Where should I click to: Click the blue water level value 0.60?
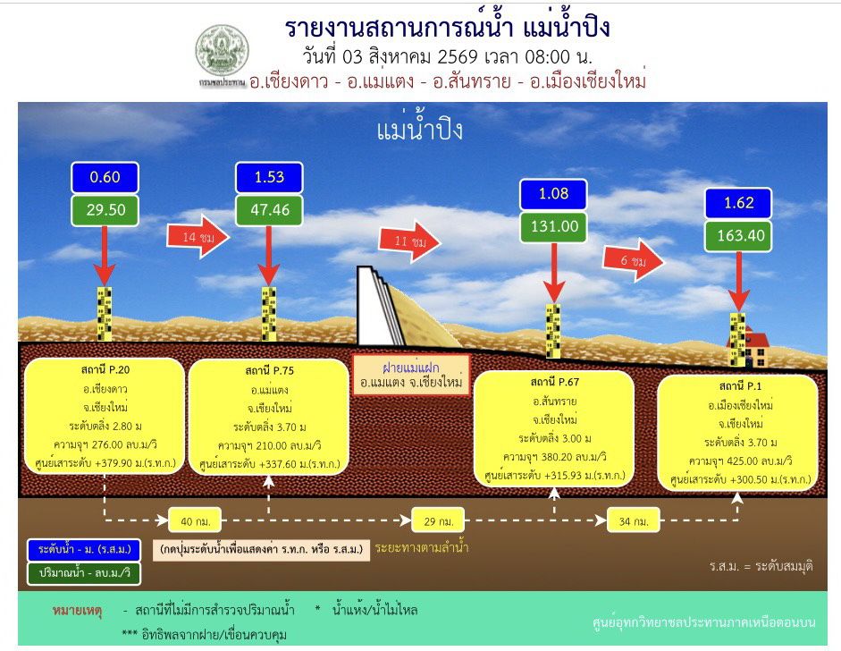tap(105, 177)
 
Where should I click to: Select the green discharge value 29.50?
tap(105, 210)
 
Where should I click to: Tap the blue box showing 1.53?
tap(269, 177)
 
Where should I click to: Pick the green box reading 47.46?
tap(269, 210)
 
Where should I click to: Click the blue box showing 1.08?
tap(553, 194)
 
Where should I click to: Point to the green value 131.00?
tap(553, 226)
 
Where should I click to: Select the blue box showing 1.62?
tap(738, 203)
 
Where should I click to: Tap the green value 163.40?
tap(738, 235)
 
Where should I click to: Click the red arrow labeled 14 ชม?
tap(198, 237)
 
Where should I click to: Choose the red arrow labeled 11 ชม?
tap(409, 241)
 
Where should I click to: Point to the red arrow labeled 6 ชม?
tap(634, 261)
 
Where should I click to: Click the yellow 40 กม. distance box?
tap(195, 520)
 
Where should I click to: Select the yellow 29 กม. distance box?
tap(438, 520)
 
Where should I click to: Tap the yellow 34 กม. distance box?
tap(634, 520)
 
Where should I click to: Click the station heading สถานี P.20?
tap(105, 370)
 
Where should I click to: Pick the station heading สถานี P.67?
tap(555, 382)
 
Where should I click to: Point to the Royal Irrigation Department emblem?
tap(222, 53)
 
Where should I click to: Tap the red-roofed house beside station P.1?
tap(752, 347)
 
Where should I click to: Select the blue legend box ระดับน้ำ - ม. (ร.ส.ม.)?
tap(84, 550)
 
